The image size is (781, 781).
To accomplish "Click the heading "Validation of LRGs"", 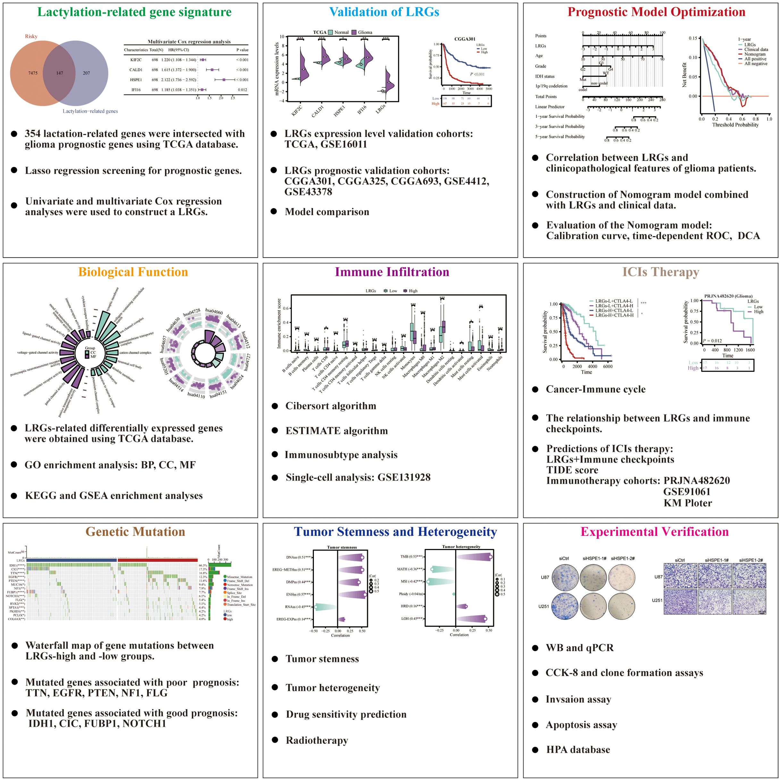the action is point(384,12).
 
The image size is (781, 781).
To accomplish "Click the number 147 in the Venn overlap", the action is point(59,73).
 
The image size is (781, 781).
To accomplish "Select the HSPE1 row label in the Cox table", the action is point(136,79).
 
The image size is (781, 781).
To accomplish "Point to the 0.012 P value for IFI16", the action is point(243,90).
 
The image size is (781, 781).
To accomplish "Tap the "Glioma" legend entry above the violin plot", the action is point(365,32).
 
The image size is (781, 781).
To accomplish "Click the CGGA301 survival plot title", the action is point(465,39).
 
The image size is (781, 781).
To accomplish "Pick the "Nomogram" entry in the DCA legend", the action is point(755,54).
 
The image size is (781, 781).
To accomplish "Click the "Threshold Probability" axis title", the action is point(735,125).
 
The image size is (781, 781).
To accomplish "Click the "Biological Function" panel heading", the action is point(133,272).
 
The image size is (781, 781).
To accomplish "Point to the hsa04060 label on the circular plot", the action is point(214,311).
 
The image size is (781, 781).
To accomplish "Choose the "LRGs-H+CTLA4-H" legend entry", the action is point(614,315).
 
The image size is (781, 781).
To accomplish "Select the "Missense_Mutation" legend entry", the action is point(239,577).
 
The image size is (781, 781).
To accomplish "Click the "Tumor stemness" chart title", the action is point(342,547).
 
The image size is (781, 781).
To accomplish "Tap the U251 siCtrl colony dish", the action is point(564,606).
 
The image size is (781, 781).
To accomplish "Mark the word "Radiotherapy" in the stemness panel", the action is point(317,740).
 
